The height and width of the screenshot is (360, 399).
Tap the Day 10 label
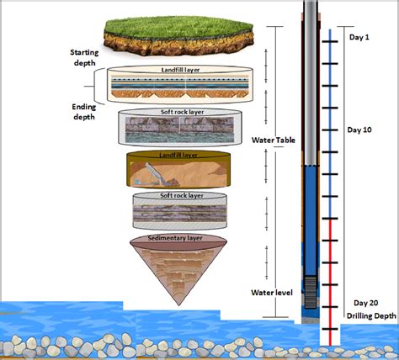[x=359, y=130]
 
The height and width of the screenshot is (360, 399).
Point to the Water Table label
[x=273, y=140]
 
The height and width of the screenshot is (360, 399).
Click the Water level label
[x=271, y=293]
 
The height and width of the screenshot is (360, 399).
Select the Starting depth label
[x=83, y=58]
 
